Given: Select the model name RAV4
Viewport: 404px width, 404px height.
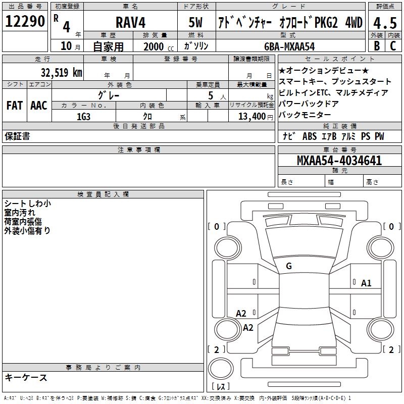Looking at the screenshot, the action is [130, 22].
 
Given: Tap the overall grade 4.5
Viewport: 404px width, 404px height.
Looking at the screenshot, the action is [384, 23].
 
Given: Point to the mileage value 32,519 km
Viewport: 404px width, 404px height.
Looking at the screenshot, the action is [61, 72].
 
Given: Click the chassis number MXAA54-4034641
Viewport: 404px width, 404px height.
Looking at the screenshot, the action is [339, 161].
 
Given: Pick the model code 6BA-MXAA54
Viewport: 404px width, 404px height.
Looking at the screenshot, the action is [289, 46].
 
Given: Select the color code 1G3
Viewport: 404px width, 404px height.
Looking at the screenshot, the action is [83, 116].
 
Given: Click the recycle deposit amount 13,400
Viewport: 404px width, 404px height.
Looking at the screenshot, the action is [251, 116].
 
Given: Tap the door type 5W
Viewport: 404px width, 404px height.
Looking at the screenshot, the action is [196, 22].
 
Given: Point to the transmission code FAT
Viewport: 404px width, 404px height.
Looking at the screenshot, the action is [15, 106].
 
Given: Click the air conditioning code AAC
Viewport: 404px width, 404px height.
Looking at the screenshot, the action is [39, 106].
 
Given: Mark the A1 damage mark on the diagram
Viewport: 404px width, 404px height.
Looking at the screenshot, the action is [366, 283].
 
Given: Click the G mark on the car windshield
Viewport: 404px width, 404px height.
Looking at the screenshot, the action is [289, 266].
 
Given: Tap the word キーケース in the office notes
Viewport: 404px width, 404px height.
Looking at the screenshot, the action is [26, 378].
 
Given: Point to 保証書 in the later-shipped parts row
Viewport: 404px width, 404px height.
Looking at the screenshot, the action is [17, 136].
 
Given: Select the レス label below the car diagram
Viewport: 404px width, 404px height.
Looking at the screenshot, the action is [222, 387].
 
